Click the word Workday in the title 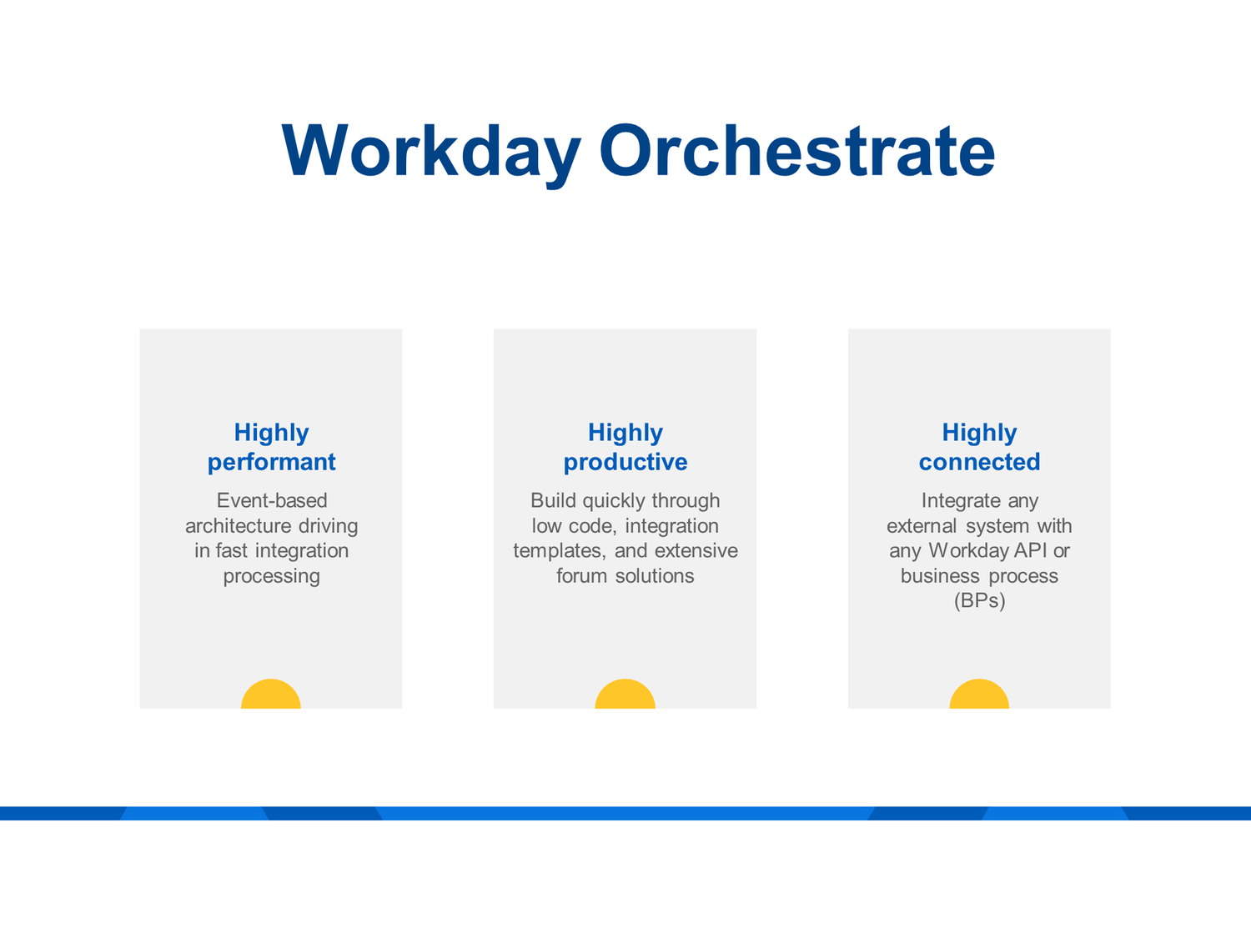click(x=430, y=152)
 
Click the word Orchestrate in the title click(x=796, y=152)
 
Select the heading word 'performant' click(x=271, y=462)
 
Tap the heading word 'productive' click(x=625, y=462)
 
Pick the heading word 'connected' click(x=979, y=462)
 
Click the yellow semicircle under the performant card click(x=271, y=695)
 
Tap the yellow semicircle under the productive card click(x=625, y=695)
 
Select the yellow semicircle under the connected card click(x=979, y=695)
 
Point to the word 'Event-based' click(x=271, y=500)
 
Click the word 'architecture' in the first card click(x=236, y=526)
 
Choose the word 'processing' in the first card click(x=271, y=576)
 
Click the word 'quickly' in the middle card click(x=614, y=500)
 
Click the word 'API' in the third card click(x=1031, y=551)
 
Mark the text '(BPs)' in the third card click(x=979, y=601)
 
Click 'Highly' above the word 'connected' click(x=979, y=432)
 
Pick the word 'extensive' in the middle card click(x=696, y=551)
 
